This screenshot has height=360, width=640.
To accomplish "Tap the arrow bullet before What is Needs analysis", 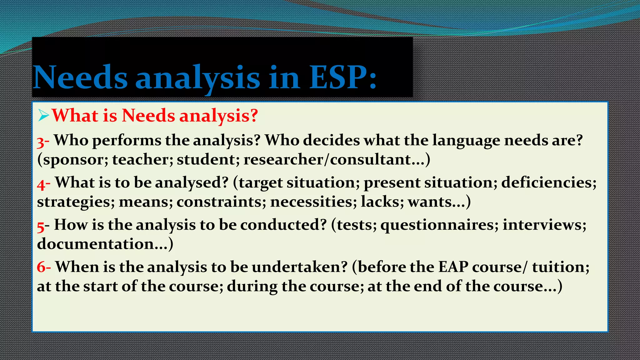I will (43, 116).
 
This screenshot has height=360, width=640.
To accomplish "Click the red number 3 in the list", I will (40, 142).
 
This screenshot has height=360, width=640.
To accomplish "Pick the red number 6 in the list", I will (41, 267).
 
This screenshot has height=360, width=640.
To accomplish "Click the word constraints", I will (219, 202).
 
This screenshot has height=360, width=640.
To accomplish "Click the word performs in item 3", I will (127, 141).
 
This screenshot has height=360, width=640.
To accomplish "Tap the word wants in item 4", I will (429, 202).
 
